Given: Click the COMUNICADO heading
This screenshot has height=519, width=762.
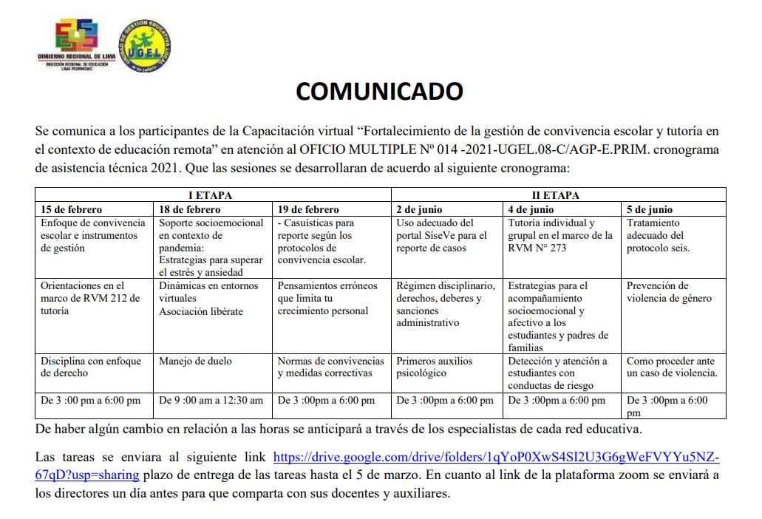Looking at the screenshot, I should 380,91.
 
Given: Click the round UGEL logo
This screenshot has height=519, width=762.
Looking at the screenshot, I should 145,45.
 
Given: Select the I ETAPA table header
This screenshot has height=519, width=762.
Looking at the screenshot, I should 213,196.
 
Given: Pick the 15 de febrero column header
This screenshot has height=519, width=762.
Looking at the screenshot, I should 72,209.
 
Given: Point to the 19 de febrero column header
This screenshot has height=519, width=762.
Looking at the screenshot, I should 308,209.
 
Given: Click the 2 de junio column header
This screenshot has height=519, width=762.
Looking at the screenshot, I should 419,209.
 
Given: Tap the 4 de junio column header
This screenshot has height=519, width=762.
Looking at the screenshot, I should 531,209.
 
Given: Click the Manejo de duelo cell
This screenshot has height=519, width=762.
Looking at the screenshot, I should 195,362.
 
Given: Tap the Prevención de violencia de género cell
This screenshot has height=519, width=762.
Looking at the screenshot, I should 669,292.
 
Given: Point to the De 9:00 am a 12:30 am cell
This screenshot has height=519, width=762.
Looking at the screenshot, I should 211,400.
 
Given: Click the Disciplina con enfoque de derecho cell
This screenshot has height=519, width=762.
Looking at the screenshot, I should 90,367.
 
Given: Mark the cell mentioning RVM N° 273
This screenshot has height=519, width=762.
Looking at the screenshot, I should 560,235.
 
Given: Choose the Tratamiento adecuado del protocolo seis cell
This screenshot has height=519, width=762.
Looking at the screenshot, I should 658,235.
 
